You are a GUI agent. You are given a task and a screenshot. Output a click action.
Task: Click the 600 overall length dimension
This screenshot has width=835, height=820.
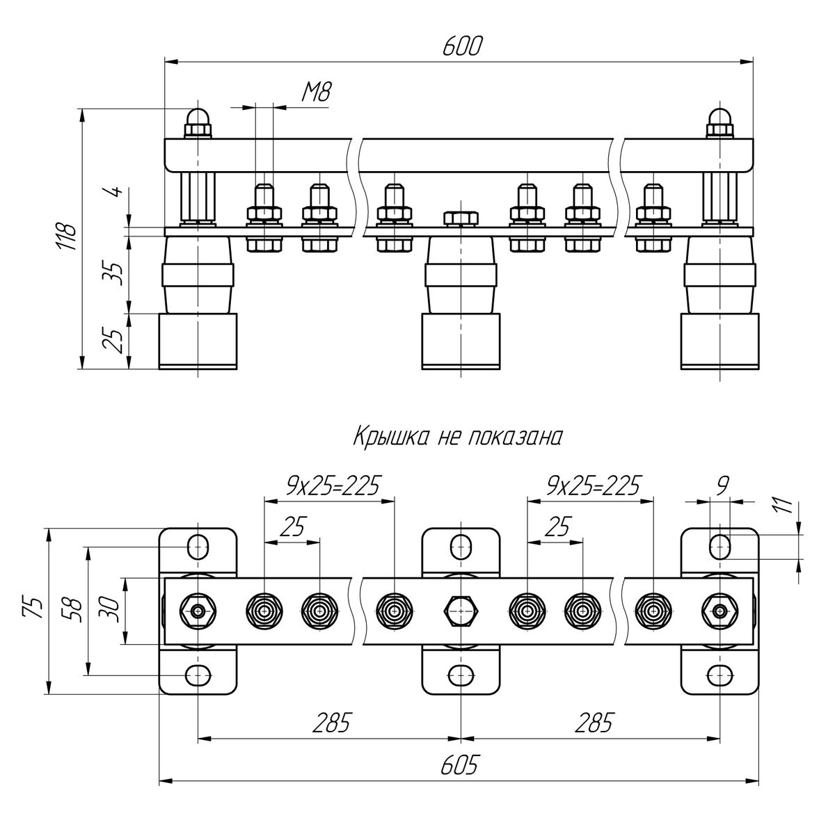[x=462, y=47]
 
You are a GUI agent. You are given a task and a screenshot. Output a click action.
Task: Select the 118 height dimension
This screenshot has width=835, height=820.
[x=68, y=236]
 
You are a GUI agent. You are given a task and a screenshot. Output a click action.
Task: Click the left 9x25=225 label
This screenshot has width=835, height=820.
[x=333, y=485]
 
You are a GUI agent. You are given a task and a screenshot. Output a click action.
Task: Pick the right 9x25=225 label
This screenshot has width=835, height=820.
[x=593, y=485]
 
